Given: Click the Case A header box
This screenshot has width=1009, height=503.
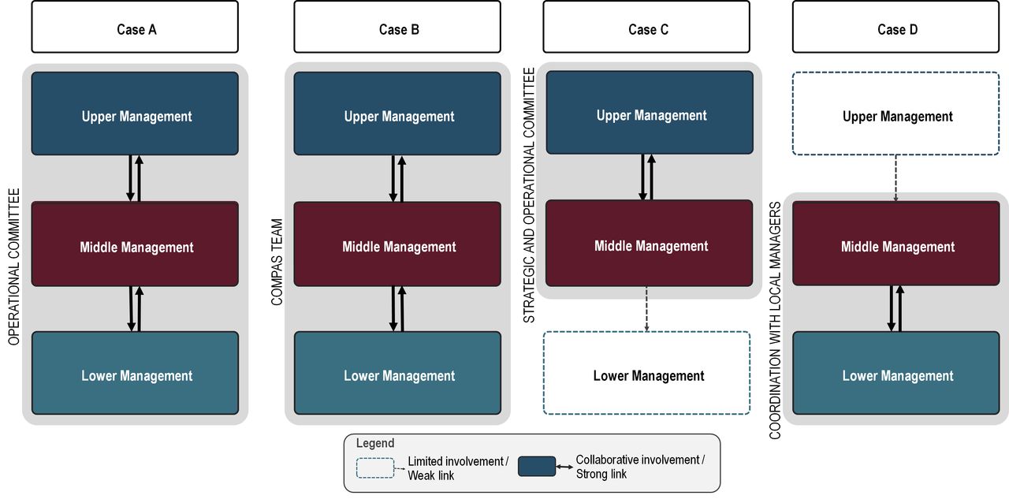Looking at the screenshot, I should pos(135,28).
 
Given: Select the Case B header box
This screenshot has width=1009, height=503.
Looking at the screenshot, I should pos(397,28).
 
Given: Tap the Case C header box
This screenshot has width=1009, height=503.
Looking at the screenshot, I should pos(646,28).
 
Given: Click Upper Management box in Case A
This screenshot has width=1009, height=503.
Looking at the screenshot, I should pos(135,114).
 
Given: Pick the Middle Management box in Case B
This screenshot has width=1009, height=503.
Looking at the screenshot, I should pos(397,244).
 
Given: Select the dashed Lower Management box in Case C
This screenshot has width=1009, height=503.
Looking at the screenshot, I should pos(646,373).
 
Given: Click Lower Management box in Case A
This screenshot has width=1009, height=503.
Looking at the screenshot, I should pos(135,373).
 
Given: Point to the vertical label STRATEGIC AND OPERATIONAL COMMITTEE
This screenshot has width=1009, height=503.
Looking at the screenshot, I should pos(529,194).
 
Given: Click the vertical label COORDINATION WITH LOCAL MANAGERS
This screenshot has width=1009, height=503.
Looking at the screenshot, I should pos(775,320).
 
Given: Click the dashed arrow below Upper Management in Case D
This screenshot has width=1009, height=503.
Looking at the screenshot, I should pos(896,178).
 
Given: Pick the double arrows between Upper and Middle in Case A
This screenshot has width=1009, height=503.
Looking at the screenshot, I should pos(135,178).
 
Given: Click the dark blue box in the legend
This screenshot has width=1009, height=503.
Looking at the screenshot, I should pos(536,467).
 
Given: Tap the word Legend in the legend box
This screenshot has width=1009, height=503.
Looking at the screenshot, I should pos(375,444).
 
